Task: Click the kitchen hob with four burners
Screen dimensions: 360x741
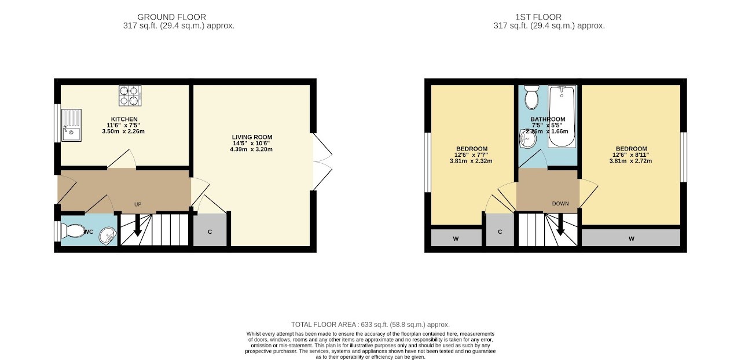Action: coord(130,95)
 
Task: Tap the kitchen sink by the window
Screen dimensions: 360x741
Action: coord(72,126)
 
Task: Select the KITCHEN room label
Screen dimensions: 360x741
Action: coord(124,119)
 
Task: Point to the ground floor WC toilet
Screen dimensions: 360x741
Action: coord(73,231)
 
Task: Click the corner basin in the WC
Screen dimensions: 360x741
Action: coord(107,236)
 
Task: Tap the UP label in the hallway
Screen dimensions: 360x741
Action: coord(138,204)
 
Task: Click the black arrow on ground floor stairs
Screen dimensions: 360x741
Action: coord(138,229)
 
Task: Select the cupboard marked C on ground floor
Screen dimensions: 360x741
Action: coord(210,232)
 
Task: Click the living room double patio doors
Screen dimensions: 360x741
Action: coord(321,162)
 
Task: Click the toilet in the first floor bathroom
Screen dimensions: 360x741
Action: coord(531,98)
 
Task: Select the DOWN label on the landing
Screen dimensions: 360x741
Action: coord(560,204)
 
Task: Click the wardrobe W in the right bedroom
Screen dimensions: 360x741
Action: coord(631,238)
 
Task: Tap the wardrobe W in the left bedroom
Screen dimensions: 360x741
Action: coord(456,238)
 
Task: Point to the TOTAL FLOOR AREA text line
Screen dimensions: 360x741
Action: coord(370,325)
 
